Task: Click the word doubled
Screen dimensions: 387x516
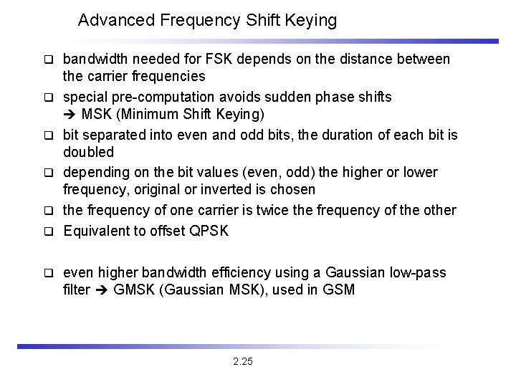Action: [89, 153]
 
